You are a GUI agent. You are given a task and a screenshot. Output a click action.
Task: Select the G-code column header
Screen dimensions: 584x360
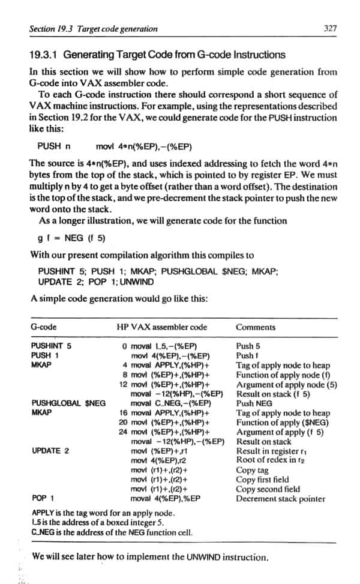click(x=43, y=327)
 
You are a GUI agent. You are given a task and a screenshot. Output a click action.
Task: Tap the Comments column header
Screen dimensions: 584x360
click(x=256, y=327)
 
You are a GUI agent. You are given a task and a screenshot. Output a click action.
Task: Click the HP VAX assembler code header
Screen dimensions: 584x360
click(x=162, y=327)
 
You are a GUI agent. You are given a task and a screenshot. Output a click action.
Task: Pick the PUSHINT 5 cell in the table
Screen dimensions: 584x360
click(x=51, y=346)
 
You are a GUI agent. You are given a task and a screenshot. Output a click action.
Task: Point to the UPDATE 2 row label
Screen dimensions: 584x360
click(x=50, y=450)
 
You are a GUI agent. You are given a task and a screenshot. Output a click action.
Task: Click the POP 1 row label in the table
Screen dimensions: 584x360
click(x=43, y=498)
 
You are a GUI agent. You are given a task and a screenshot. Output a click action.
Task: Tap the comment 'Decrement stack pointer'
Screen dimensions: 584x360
click(x=280, y=498)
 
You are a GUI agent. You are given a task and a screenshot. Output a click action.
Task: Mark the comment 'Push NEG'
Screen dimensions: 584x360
click(x=254, y=403)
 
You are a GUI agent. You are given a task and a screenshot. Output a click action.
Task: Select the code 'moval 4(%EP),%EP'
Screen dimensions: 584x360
click(x=165, y=498)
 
